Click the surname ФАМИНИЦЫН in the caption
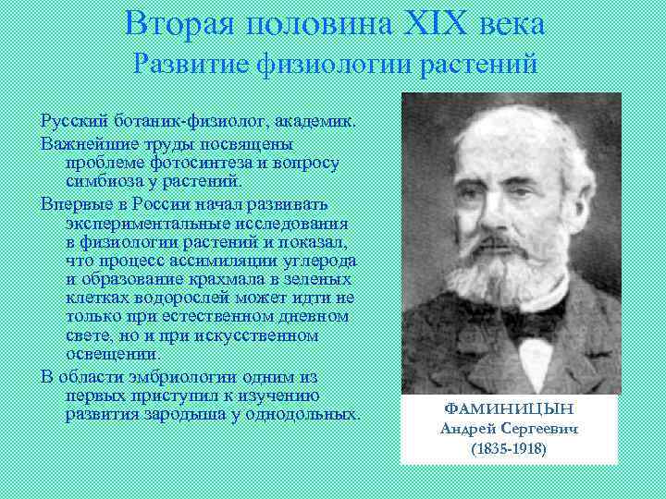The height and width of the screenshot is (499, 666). pos(508,407)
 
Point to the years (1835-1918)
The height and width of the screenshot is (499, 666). pos(508,449)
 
